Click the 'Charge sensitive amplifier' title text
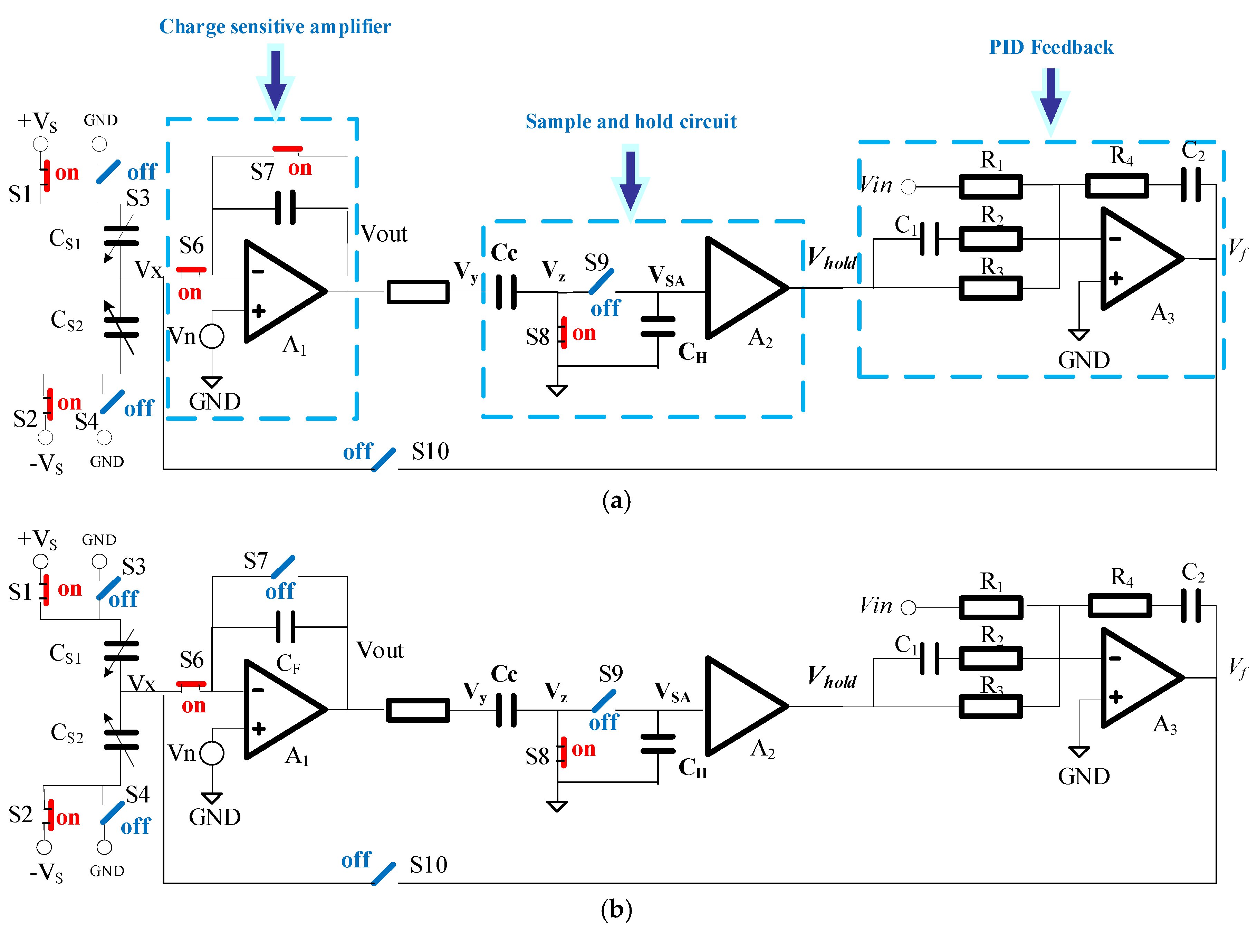pos(275,27)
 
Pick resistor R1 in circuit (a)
pos(990,187)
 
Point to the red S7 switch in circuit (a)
pos(287,149)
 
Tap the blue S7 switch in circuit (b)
pos(283,567)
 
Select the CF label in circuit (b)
pos(288,664)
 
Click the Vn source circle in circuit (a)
pos(212,337)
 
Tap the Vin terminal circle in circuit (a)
pos(908,187)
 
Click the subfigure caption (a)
pos(616,500)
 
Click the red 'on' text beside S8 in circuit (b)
pos(583,749)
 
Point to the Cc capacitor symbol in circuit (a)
pos(506,292)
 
